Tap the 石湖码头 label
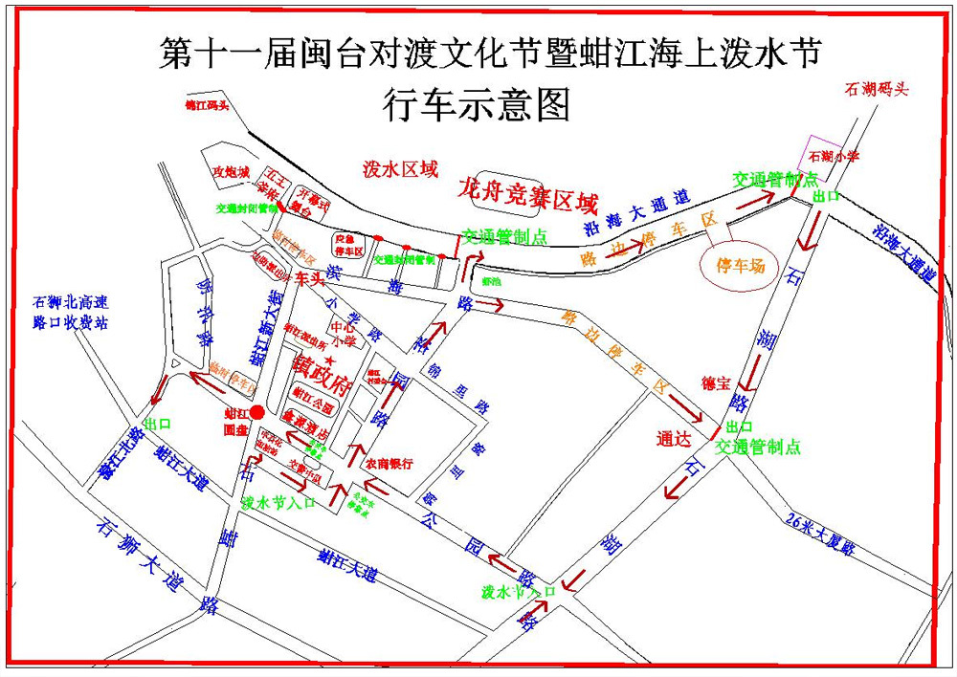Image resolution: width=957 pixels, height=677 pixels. point(875,89)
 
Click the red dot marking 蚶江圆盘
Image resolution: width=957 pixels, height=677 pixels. point(256,412)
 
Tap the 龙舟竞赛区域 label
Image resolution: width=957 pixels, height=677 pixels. point(527,195)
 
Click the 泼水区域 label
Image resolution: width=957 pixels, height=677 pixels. point(400,169)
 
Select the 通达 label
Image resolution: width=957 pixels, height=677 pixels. point(674,440)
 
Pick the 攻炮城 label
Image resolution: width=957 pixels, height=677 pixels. point(231,172)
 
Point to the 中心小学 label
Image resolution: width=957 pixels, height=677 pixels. point(343,332)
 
